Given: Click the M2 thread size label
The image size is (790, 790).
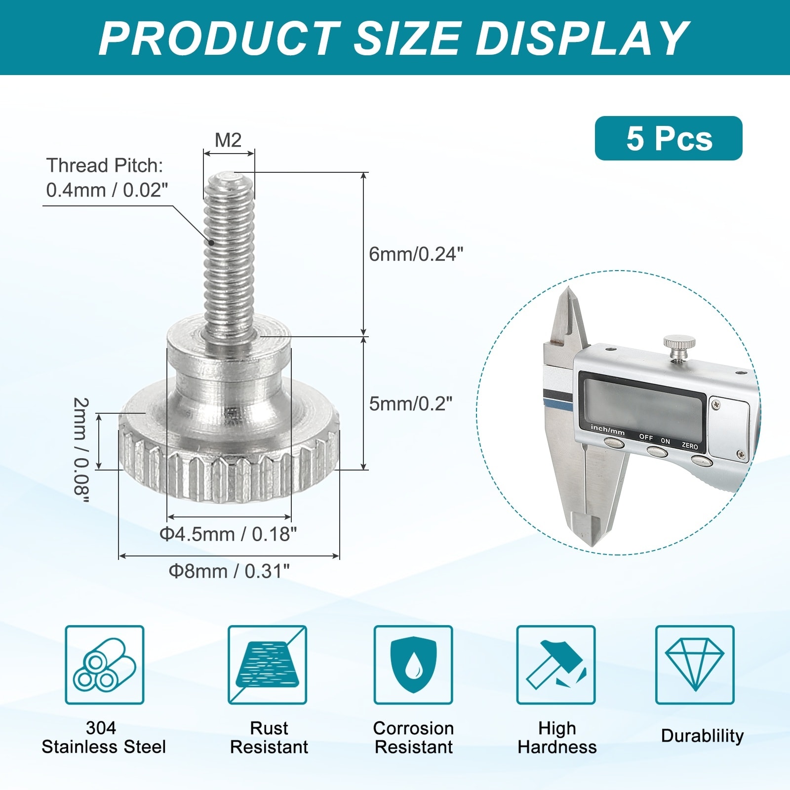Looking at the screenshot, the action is coord(228,140).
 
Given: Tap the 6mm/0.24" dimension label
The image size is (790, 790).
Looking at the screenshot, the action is coord(416,254).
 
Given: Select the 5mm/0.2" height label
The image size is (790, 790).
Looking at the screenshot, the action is coord(411,404).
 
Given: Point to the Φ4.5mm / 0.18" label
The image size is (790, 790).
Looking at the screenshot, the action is coord(228,534).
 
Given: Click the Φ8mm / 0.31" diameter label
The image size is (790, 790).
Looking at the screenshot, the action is coord(229,571).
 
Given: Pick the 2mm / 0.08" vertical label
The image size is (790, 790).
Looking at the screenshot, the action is coord(81,450).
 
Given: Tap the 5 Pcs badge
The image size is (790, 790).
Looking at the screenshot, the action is coord(669,138).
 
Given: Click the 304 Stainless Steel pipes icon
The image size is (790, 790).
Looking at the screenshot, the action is coord(105,665).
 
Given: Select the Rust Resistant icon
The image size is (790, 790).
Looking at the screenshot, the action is coord(267,665).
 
